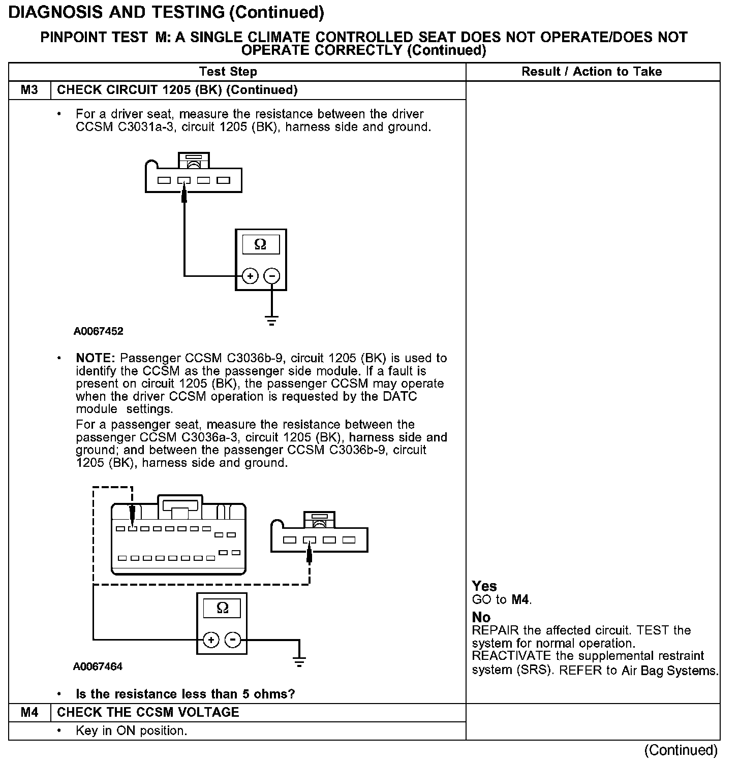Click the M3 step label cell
[29, 90]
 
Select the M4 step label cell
[29, 712]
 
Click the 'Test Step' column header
[228, 72]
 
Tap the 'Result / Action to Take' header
[592, 72]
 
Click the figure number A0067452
[98, 332]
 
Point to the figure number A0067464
[98, 666]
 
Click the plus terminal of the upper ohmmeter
[250, 276]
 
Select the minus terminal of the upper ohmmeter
[272, 276]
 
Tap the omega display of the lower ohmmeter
[222, 608]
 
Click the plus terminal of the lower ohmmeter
[211, 640]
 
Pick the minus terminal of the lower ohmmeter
[233, 640]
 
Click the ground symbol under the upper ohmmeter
[272, 321]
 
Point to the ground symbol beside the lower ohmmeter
[299, 661]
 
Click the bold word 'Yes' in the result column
[484, 586]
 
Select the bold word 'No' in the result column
[481, 617]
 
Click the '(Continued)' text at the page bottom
[681, 750]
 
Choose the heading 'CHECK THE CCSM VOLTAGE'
[148, 712]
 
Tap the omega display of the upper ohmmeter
[260, 244]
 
